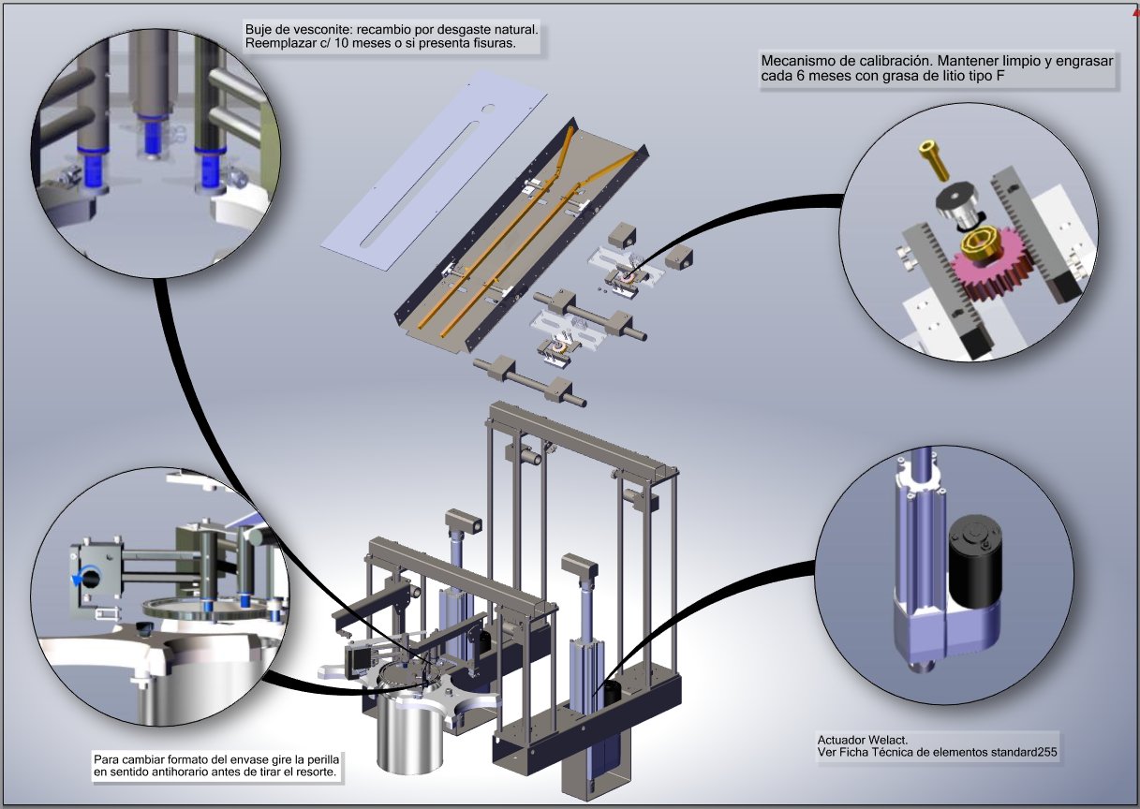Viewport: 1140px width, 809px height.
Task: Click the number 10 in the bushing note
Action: (342, 43)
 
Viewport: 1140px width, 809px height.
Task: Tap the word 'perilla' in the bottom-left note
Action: (322, 759)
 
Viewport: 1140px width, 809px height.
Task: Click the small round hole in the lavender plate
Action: (489, 109)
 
